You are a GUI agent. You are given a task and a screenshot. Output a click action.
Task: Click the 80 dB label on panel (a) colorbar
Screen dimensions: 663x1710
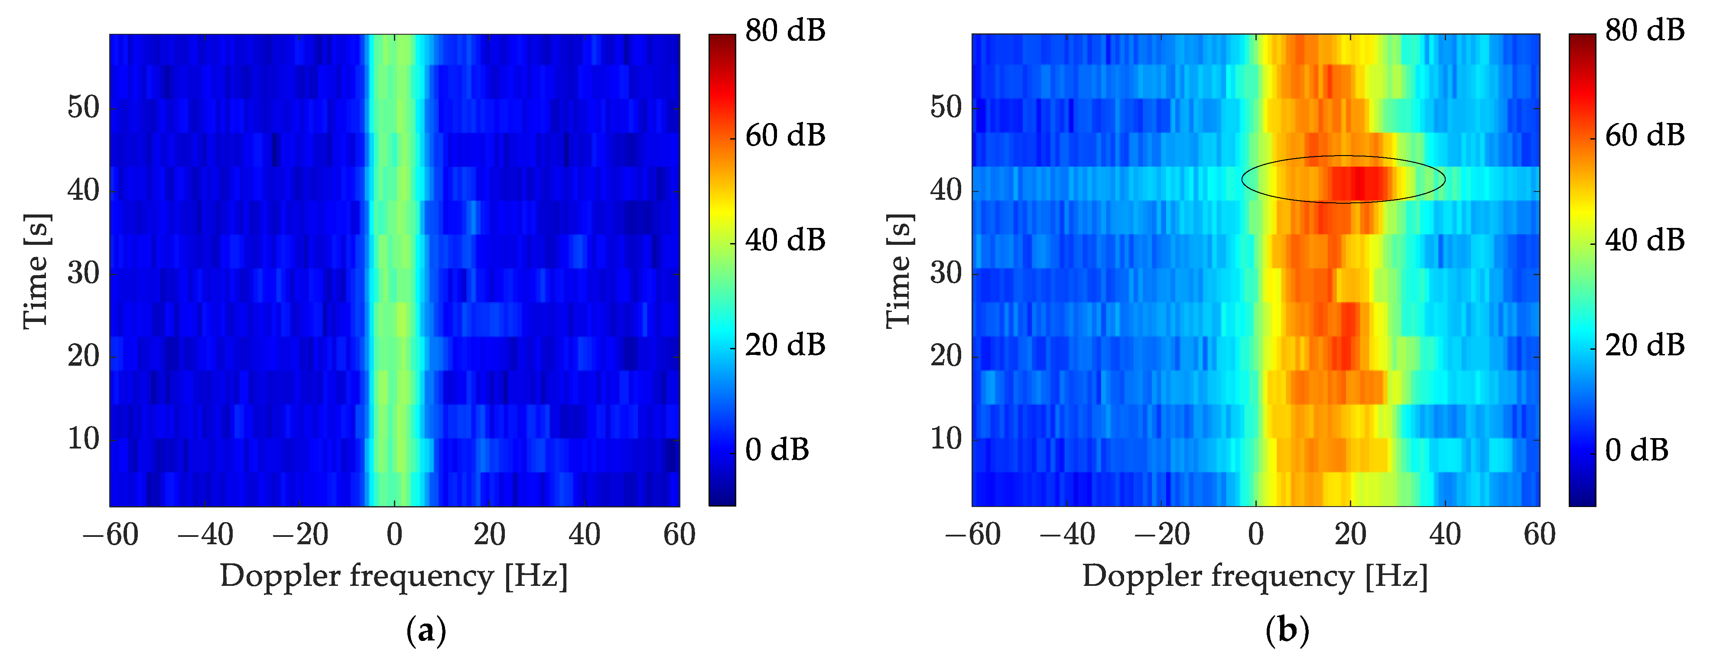pyautogui.click(x=785, y=30)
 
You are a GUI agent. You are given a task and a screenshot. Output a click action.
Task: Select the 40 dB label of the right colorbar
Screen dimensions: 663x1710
pyautogui.click(x=1644, y=240)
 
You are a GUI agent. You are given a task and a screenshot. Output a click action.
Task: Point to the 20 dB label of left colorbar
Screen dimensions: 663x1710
pyautogui.click(x=785, y=345)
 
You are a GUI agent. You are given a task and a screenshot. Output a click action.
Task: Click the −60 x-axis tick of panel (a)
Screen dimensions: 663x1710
pyautogui.click(x=110, y=535)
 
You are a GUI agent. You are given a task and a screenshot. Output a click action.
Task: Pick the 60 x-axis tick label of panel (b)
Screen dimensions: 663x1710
pyautogui.click(x=1539, y=535)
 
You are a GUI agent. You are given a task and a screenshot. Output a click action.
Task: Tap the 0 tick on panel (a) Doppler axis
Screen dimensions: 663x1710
pyautogui.click(x=394, y=535)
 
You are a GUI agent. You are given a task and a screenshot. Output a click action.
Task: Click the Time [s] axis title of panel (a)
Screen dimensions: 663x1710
pyautogui.click(x=36, y=271)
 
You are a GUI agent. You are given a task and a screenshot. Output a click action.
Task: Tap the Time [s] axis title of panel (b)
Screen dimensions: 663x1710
pyautogui.click(x=899, y=271)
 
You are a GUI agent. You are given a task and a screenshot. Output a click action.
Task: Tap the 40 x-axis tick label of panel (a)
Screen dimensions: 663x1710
pyautogui.click(x=584, y=535)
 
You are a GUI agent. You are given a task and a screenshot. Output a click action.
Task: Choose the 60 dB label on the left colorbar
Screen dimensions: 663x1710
pyautogui.click(x=785, y=135)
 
